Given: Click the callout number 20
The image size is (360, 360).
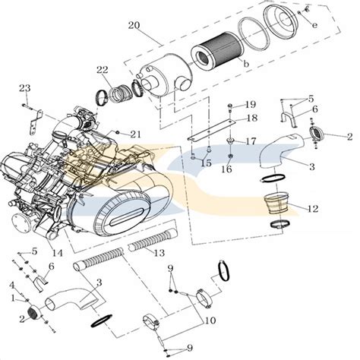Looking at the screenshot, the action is [134, 25].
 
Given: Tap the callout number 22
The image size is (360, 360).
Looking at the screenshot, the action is [103, 70].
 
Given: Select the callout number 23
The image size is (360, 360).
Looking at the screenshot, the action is [25, 88].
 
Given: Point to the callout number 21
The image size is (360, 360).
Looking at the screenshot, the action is [135, 134].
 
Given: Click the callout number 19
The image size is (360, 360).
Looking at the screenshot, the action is [251, 104].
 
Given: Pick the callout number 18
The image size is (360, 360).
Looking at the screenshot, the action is [252, 118].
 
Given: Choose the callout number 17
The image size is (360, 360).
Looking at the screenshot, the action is [251, 141].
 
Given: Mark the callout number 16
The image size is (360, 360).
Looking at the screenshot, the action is [226, 169].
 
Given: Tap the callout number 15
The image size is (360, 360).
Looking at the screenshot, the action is [206, 163].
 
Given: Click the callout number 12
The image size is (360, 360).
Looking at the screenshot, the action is [313, 209].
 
